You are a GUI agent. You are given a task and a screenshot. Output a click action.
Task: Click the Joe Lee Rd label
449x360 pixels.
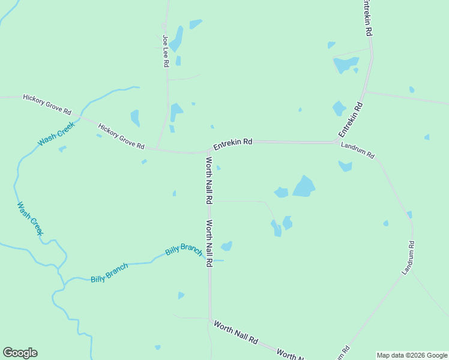coord(166,51)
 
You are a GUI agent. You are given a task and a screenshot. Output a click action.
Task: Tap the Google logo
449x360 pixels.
coord(20,353)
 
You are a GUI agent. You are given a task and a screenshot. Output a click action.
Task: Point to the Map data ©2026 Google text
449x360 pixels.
coord(412,355)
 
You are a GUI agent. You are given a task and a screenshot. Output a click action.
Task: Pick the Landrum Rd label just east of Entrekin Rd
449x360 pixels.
coord(358,151)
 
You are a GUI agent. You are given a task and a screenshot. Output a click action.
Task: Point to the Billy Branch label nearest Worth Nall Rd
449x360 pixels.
coord(184,250)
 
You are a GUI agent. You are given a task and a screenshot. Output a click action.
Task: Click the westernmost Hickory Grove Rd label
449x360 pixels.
coord(47,104)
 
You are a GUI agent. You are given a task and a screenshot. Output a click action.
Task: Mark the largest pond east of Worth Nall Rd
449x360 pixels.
coord(304,187)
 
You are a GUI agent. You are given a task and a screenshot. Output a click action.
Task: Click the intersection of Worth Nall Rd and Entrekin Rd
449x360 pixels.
coord(208,151)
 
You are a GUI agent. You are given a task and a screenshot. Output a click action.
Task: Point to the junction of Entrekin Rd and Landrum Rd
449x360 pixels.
coord(336,142)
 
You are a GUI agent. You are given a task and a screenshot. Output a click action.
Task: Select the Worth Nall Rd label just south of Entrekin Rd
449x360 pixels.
coord(209,180)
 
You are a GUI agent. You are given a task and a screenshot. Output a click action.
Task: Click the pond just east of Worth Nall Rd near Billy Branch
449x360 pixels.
coord(227,245)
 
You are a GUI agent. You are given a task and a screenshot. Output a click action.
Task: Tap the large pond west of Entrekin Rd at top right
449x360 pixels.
coord(345,64)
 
